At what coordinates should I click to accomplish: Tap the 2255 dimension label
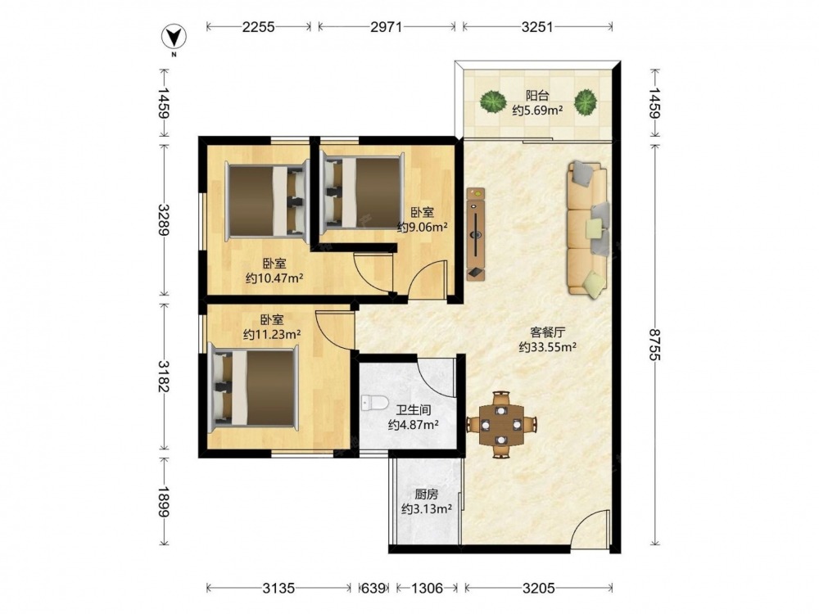click(258, 27)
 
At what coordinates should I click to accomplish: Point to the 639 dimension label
click(373, 589)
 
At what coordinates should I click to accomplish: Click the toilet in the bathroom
click(373, 403)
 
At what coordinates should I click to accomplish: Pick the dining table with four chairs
click(501, 425)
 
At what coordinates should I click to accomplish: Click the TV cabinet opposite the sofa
click(476, 234)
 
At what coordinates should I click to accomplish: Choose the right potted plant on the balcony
click(586, 102)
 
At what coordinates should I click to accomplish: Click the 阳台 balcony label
click(537, 96)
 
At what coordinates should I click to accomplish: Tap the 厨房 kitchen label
click(426, 494)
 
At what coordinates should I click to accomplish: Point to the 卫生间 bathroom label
click(413, 410)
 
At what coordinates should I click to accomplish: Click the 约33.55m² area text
click(547, 346)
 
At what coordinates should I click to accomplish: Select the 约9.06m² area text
click(423, 227)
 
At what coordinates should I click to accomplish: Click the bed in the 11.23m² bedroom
click(253, 387)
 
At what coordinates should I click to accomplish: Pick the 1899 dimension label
click(164, 502)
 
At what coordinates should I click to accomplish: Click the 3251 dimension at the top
click(537, 27)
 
